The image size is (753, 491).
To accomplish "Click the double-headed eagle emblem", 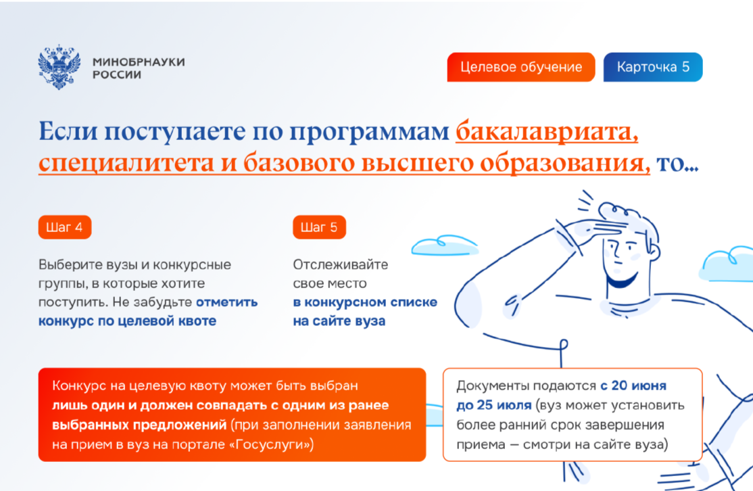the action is (x=59, y=67).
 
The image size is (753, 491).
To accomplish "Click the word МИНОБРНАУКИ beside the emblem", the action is (x=139, y=62).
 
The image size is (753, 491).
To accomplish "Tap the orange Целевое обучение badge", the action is (x=521, y=67).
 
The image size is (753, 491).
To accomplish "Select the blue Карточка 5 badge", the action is (x=653, y=67).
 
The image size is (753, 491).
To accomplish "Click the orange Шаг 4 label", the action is (x=65, y=227).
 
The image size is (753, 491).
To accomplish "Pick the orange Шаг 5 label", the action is (x=319, y=227).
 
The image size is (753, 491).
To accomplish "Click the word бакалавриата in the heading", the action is (x=547, y=131).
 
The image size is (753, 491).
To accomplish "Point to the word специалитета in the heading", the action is (x=126, y=163).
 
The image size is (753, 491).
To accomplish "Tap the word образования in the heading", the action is (x=565, y=163).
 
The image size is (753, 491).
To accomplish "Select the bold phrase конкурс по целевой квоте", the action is (x=127, y=321).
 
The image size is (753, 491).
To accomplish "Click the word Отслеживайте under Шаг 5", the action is (x=341, y=264).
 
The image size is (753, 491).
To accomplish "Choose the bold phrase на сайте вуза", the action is (x=339, y=321).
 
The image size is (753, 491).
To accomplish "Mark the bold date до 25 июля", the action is (x=493, y=406).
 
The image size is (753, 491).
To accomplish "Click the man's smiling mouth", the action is (x=622, y=280).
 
